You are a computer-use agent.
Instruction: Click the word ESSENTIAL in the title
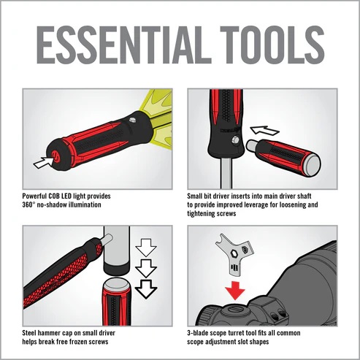coord(124,45)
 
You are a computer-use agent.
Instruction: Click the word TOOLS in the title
coord(272,45)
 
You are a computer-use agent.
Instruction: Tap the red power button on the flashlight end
coord(55,156)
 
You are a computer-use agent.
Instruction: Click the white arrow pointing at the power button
coord(43,162)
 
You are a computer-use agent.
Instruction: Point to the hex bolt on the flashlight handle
coord(132,120)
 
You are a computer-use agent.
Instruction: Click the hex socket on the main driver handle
coord(236,139)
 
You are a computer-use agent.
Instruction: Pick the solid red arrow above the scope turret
coord(235,291)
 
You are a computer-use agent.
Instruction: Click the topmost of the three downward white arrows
coord(146,248)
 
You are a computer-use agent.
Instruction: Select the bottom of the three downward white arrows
coord(146,289)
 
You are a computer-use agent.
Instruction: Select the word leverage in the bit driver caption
coord(262,205)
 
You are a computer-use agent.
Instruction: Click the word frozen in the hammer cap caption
coord(78,342)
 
